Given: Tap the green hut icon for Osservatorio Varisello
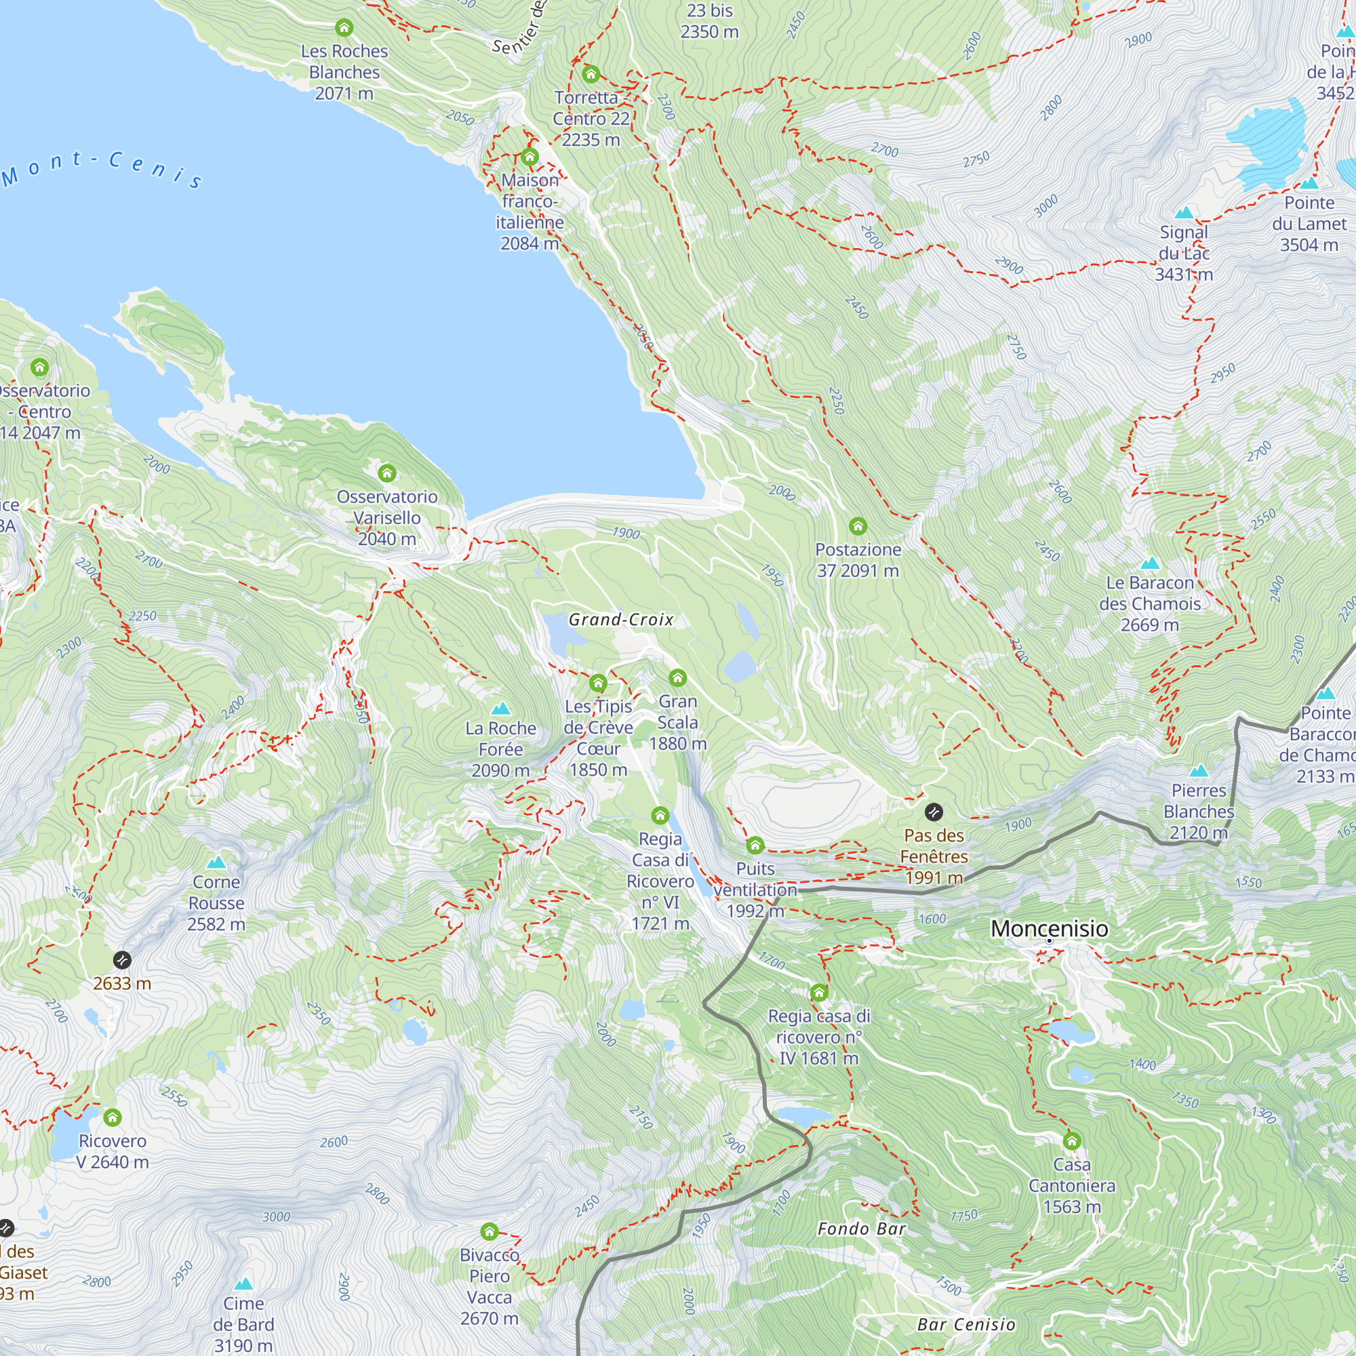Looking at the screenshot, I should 386,473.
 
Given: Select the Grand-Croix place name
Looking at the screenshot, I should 620,619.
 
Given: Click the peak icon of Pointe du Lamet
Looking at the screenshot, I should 1309,183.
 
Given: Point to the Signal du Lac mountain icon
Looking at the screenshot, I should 1184,213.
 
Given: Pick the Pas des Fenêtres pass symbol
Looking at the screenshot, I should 934,812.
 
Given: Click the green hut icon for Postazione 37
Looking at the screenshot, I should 858,525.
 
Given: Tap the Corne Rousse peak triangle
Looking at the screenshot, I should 216,862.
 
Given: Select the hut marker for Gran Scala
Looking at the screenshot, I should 677,677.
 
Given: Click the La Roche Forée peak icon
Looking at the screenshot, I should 500,709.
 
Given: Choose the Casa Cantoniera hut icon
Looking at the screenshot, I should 1072,1140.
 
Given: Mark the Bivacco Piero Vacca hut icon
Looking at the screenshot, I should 490,1231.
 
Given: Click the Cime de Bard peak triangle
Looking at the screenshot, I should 243,1283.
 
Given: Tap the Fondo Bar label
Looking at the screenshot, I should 861,1229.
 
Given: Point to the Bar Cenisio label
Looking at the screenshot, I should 965,1324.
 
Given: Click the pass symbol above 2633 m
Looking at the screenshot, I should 122,959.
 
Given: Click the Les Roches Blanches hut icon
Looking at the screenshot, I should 344,27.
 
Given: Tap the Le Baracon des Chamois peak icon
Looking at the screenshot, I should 1150,563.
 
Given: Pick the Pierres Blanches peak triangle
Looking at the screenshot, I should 1199,771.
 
